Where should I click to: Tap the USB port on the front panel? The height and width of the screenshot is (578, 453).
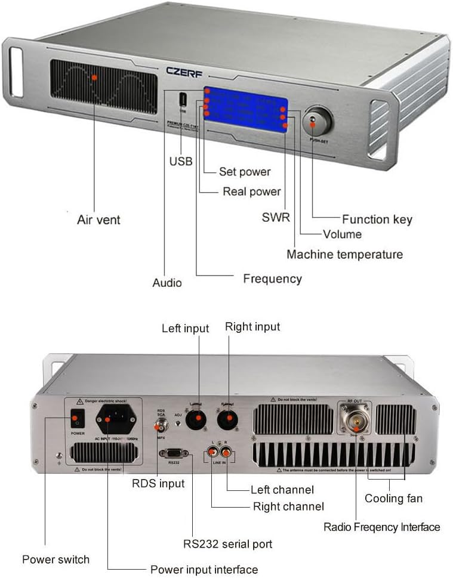181,100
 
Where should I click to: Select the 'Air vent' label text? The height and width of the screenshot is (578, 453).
98,220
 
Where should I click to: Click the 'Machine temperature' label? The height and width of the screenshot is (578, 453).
344,254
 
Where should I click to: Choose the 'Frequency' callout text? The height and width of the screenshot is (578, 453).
272,279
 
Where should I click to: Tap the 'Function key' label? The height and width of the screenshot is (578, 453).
377,219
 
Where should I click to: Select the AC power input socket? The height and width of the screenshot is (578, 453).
108,420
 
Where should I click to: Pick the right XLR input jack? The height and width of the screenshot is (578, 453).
227,420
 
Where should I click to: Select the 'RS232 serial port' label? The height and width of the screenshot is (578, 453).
227,543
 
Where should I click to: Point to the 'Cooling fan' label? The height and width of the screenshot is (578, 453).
393,498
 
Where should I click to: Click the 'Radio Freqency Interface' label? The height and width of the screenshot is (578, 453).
381,527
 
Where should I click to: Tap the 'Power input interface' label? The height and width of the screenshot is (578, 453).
204,570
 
